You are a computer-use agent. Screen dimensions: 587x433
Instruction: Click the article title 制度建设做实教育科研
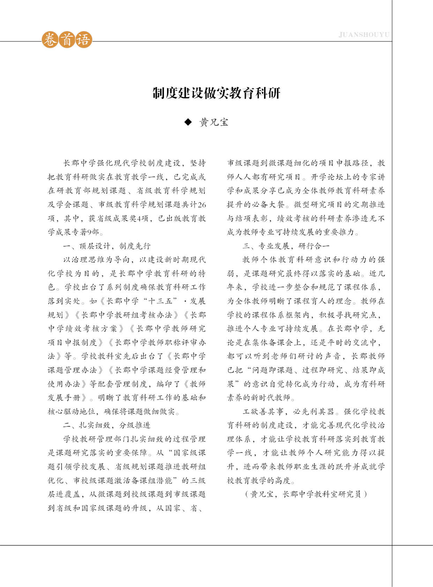(216, 93)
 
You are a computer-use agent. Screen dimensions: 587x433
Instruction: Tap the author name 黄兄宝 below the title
(214, 122)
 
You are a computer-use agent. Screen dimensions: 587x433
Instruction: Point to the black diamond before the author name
(188, 122)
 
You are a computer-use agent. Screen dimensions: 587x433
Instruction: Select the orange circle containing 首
(67, 40)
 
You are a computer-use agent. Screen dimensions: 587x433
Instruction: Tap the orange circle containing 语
(84, 40)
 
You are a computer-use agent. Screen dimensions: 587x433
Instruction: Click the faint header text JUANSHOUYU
(364, 35)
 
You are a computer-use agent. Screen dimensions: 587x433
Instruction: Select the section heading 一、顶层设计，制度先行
(107, 246)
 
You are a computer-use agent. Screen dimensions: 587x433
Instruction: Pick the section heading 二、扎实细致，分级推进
(107, 425)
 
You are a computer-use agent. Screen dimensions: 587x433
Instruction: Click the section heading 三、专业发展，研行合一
(286, 246)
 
